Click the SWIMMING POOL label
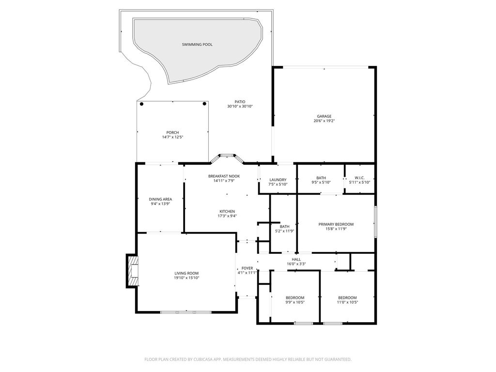coord(197,45)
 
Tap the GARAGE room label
coord(324,116)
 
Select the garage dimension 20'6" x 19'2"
coord(324,121)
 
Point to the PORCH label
coord(172,133)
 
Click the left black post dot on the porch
coord(142,104)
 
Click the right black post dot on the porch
coord(204,104)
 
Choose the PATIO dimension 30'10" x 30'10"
coord(240,106)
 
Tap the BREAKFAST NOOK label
coord(224,176)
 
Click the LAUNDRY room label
coord(278,180)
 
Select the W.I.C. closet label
coord(359,178)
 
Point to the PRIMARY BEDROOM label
coord(336,224)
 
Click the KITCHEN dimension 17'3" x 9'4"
coord(227,216)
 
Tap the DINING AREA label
coord(160,199)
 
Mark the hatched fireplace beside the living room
coord(133,271)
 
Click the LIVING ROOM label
coord(186,273)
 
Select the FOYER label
coord(247,268)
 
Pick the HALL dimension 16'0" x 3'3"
coord(296,264)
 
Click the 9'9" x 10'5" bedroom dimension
coord(295,302)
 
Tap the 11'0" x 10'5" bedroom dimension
coord(347,302)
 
